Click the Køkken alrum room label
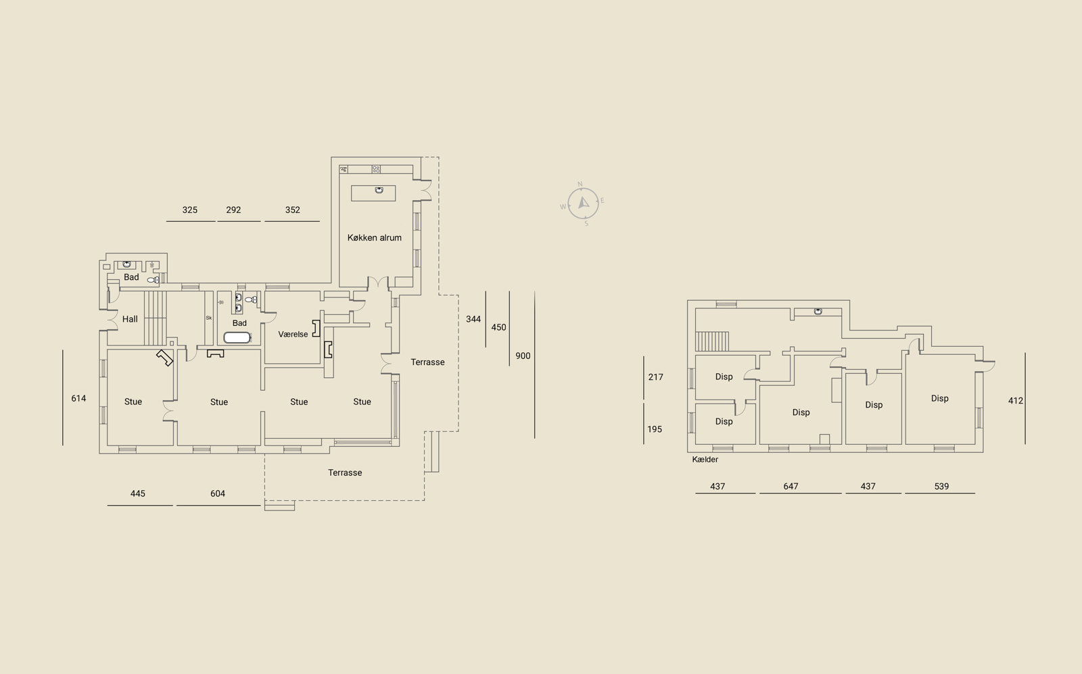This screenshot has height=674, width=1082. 375,237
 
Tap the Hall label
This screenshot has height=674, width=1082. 130,319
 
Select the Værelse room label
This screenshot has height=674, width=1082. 293,334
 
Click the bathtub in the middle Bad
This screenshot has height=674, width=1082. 237,337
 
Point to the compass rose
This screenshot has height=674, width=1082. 582,203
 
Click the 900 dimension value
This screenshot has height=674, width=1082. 523,356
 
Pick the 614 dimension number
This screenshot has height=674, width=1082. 78,398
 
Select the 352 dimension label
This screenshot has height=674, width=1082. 293,210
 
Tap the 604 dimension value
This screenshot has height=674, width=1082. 218,494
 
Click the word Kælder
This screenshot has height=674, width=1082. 705,460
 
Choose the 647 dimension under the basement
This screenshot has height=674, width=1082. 791,486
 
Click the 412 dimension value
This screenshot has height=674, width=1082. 1015,401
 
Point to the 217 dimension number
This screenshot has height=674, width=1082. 655,377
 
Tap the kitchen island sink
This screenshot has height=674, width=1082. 379,190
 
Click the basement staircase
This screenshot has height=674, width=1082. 712,341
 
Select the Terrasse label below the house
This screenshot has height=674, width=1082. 345,473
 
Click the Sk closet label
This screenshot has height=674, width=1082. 209,318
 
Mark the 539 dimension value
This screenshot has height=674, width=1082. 941,486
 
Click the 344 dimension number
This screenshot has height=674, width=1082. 473,319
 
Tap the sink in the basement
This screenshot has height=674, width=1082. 818,312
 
